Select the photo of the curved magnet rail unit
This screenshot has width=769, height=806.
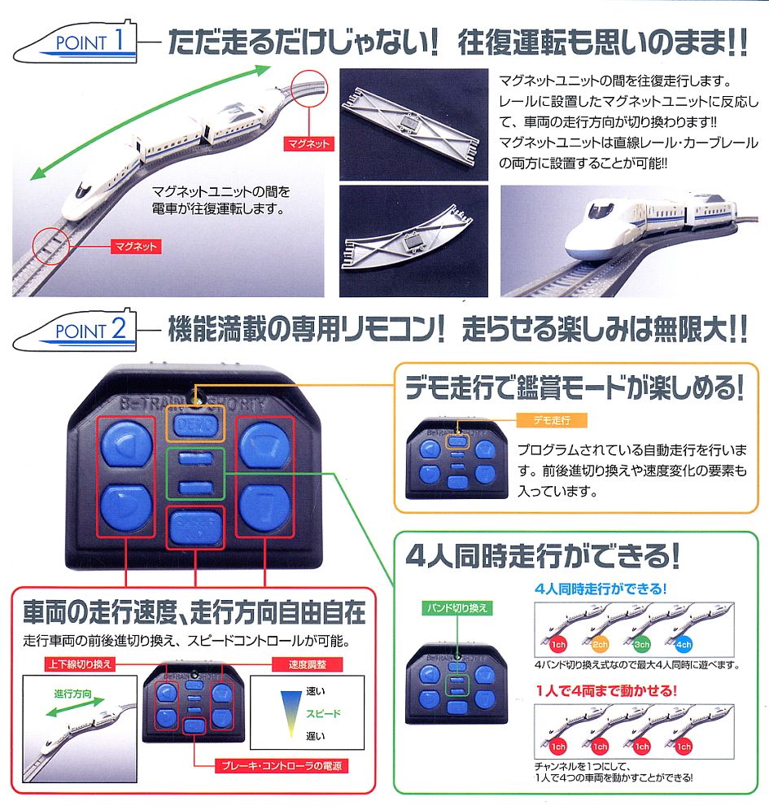point(413,240)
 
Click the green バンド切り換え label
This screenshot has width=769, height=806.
point(458,607)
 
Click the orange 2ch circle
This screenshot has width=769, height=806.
point(600,645)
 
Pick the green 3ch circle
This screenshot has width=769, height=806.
point(642,645)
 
